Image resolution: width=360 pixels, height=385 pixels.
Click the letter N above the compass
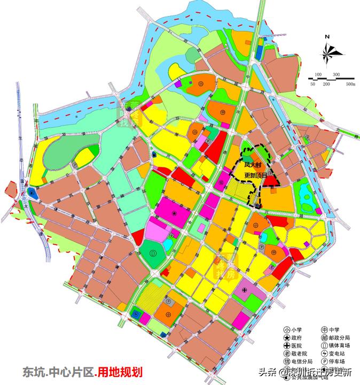pos(328,37)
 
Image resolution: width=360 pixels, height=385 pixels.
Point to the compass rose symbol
pos(328,52)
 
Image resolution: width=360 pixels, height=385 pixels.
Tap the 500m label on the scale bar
pos(350,84)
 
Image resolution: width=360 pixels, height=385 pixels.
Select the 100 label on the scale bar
pos(318,74)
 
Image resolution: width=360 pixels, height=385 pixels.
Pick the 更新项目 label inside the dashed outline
pos(255,176)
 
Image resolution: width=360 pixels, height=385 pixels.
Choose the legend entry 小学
pos(299,330)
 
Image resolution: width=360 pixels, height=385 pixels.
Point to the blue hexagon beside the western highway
pos(32,191)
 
